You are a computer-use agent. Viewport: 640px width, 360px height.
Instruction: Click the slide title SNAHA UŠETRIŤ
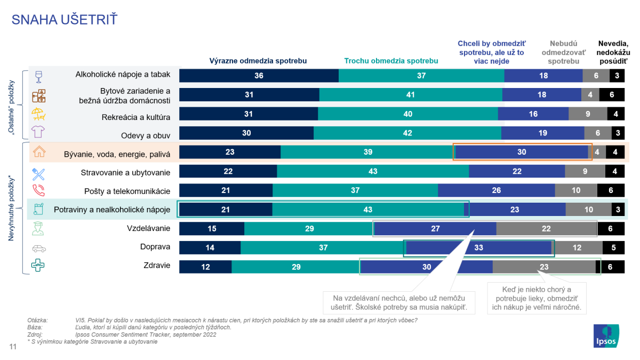(x=65, y=20)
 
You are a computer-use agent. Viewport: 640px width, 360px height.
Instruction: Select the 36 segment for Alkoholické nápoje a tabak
(x=259, y=76)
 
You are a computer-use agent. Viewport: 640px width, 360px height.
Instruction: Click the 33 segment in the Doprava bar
(x=478, y=248)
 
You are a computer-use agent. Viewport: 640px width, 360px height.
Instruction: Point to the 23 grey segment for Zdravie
(x=544, y=267)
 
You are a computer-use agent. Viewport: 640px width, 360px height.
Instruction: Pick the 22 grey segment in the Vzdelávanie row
(x=546, y=229)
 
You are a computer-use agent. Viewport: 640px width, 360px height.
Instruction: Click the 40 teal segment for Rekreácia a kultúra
(x=408, y=114)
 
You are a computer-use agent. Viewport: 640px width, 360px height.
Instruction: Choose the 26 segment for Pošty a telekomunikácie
(x=497, y=191)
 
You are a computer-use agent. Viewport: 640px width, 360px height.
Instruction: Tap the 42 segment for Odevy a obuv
(x=407, y=133)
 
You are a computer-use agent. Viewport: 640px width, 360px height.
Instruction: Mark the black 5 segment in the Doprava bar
(x=613, y=248)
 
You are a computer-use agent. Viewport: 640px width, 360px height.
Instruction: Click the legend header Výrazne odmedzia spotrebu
(x=258, y=61)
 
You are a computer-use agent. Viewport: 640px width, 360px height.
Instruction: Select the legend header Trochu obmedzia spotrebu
(x=391, y=61)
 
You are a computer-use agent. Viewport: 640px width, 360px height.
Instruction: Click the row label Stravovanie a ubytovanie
(x=125, y=172)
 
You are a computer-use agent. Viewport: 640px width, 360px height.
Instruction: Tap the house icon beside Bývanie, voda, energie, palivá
(x=39, y=152)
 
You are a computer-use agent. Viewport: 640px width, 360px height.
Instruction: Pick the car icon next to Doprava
(x=39, y=248)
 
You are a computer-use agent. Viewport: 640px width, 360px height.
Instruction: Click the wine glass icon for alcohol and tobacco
(x=38, y=76)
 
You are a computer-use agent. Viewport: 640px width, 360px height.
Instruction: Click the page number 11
(x=13, y=347)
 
